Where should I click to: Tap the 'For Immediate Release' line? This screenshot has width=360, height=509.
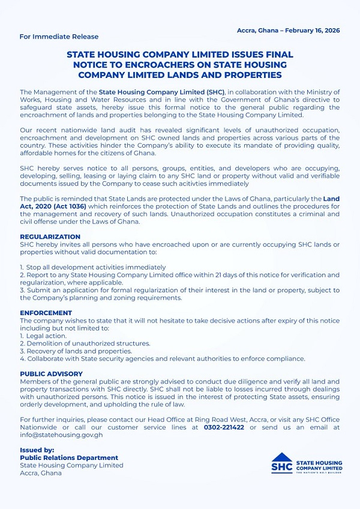coord(50,37)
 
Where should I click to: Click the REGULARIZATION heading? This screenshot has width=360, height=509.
coord(50,237)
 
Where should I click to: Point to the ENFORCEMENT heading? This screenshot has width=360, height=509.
coord(46,313)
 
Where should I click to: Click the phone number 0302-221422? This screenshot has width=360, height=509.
coord(223,427)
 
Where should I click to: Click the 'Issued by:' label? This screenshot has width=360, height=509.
coord(37,450)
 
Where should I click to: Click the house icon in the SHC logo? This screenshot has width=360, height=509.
coord(282,457)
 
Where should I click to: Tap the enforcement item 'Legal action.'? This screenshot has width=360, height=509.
coord(44,336)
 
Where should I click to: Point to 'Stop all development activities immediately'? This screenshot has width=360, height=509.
coord(95,267)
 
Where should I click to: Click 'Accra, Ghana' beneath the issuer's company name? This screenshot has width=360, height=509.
coord(41,473)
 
